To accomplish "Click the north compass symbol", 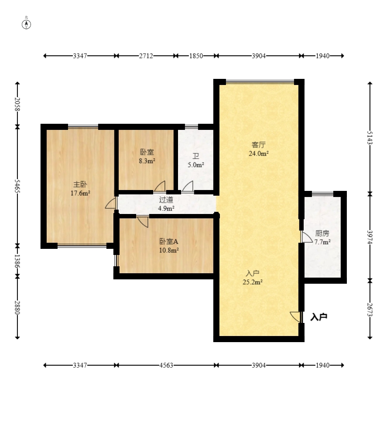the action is pyautogui.click(x=26, y=24).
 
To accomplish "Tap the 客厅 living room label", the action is pyautogui.click(x=259, y=145).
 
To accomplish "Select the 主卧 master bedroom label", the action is pyautogui.click(x=80, y=184).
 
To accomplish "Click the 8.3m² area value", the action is pyautogui.click(x=147, y=161).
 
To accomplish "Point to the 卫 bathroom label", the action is pyautogui.click(x=195, y=156).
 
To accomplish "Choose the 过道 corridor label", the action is pyautogui.click(x=166, y=200).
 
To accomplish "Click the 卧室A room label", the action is pyautogui.click(x=169, y=241).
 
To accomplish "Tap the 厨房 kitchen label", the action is pyautogui.click(x=322, y=233).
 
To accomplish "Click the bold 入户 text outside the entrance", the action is pyautogui.click(x=319, y=317).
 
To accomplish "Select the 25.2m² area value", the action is pyautogui.click(x=253, y=282).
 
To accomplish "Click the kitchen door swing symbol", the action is pyautogui.click(x=306, y=237).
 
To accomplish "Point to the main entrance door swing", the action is pyautogui.click(x=296, y=317).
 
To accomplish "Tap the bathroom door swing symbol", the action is pyautogui.click(x=188, y=187).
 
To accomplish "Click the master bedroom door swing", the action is pyautogui.click(x=111, y=203).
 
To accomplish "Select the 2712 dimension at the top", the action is pyautogui.click(x=146, y=56).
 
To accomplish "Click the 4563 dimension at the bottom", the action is pyautogui.click(x=166, y=365).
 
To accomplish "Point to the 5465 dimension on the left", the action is pyautogui.click(x=17, y=186).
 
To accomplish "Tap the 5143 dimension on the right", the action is pyautogui.click(x=370, y=137).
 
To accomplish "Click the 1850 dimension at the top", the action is pyautogui.click(x=196, y=56).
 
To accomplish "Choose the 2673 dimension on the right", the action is pyautogui.click(x=370, y=309).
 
